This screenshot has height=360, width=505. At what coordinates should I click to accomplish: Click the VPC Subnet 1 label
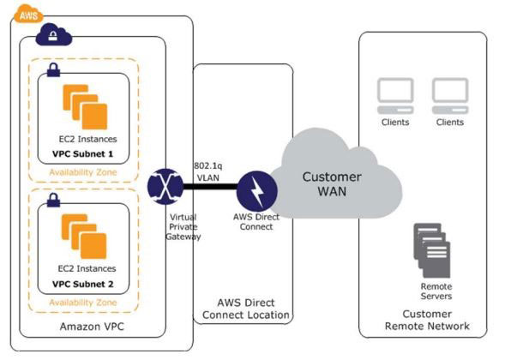coord(83,154)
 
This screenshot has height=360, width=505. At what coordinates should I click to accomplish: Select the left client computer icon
coord(394,96)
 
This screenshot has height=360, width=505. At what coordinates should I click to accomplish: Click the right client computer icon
coord(449,96)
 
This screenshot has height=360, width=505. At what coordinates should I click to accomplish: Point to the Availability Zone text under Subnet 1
coord(83,171)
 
